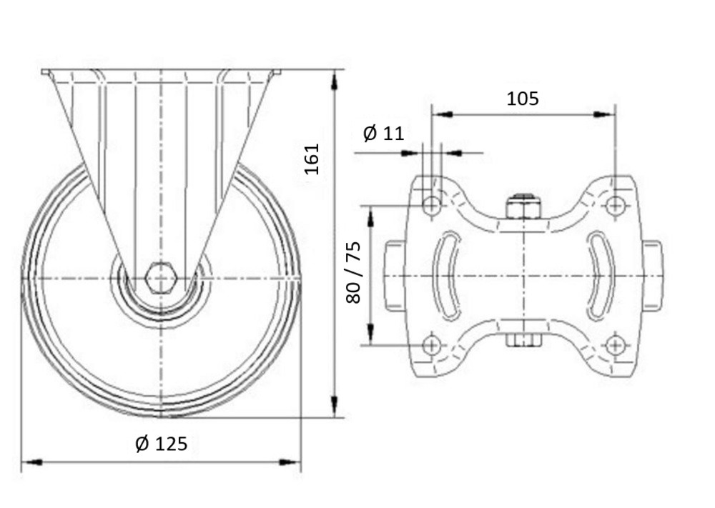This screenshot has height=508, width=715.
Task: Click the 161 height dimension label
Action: coord(312,159)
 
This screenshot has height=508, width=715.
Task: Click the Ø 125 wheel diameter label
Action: coord(162,443)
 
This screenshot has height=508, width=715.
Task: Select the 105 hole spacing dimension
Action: coord(523,99)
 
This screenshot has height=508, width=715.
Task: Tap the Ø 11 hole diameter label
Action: coord(383,134)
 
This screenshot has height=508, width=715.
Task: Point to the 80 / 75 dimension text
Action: coord(353,272)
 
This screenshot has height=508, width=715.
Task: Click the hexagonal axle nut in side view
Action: coord(160,278)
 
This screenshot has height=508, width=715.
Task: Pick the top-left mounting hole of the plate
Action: coord(431,206)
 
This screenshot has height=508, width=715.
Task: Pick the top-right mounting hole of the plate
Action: coord(615,206)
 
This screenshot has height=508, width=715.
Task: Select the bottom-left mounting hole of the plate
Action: coord(431,345)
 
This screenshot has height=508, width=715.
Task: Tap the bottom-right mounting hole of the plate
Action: coord(615,345)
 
